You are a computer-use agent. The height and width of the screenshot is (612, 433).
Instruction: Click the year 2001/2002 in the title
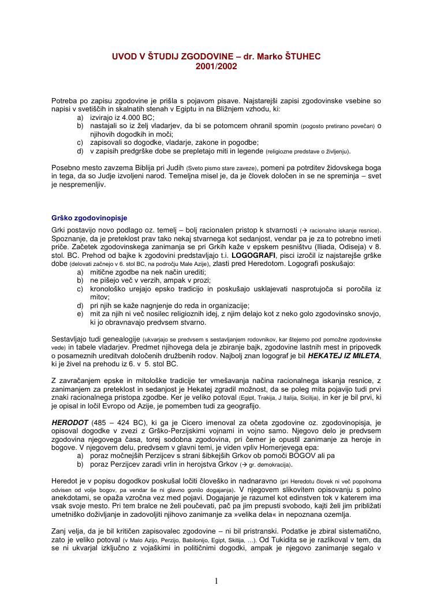pos(216,66)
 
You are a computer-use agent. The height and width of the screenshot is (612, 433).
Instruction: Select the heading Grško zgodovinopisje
pos(89,218)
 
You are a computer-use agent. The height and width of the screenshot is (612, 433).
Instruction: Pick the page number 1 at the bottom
pos(216,581)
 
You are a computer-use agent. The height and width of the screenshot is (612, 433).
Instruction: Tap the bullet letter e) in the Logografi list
pos(80,314)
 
